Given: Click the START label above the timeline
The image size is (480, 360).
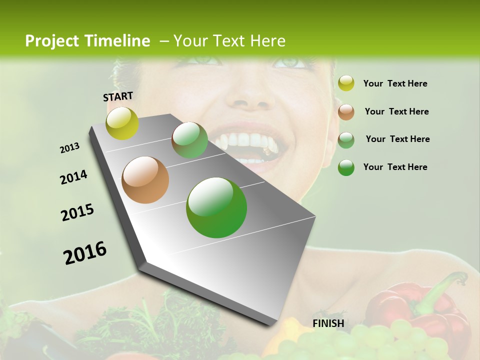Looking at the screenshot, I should [x=118, y=96].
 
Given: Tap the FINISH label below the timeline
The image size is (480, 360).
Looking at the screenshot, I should [x=328, y=323].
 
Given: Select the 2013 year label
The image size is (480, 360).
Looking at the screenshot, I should [x=69, y=148].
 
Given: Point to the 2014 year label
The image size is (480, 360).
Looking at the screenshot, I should [x=73, y=177].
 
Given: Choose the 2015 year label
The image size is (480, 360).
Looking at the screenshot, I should [x=77, y=212].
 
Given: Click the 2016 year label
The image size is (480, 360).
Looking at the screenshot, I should [x=85, y=252].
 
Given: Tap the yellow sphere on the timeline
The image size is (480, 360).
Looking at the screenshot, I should [x=122, y=123].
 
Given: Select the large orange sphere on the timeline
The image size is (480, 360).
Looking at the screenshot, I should [x=145, y=180].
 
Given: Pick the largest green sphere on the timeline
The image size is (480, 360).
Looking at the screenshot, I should [x=216, y=207].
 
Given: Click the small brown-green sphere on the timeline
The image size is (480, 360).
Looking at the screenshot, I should [x=189, y=140].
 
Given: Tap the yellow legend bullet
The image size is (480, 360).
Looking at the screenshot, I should [x=346, y=83].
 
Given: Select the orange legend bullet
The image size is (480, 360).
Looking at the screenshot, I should [x=346, y=112].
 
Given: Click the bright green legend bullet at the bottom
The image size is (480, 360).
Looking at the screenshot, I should [x=346, y=167].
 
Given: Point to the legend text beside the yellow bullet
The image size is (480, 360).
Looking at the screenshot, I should [x=395, y=83].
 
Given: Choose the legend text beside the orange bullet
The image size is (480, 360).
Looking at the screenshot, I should [x=396, y=111].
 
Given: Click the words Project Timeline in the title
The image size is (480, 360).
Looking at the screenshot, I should [x=87, y=41].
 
